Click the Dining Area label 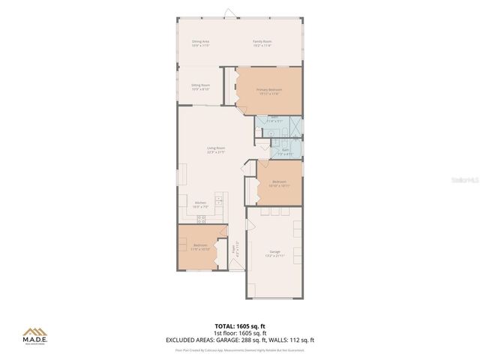[200, 42]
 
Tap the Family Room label [262, 42]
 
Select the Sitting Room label [200, 87]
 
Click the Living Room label [217, 150]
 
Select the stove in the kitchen [201, 219]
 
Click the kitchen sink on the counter [218, 202]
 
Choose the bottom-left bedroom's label [200, 247]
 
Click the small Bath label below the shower [286, 151]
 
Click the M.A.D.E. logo [34, 335]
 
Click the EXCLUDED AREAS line [239, 340]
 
